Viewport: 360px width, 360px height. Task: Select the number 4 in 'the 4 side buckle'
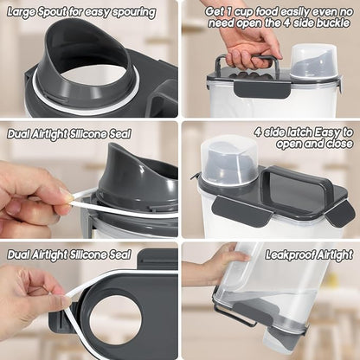(x=286, y=23)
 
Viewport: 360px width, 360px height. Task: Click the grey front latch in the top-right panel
(x=262, y=89)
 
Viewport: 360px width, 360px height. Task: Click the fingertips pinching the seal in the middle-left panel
(x=64, y=199)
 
